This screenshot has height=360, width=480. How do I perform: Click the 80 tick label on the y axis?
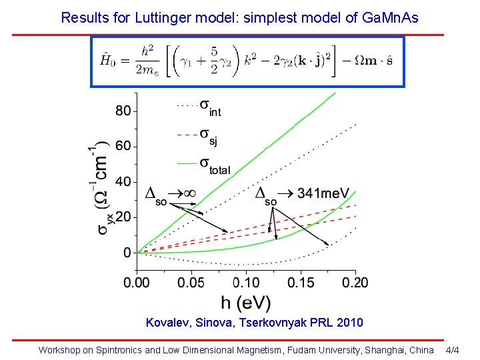click(x=123, y=111)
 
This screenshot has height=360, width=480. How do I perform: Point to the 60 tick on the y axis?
click(x=123, y=146)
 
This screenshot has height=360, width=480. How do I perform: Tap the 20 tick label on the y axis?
click(x=123, y=217)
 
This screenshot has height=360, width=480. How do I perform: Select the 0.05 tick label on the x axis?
click(x=191, y=283)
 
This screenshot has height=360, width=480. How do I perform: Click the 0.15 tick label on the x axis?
click(x=301, y=283)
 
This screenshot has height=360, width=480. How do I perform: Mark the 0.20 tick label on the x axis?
click(x=355, y=283)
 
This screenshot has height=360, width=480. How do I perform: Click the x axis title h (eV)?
click(x=245, y=303)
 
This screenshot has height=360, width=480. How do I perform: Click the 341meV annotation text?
click(x=323, y=193)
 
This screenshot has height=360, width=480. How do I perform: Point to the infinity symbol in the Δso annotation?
click(x=188, y=193)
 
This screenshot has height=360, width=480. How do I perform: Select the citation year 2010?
click(x=350, y=323)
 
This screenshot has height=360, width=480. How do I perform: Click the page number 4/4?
click(x=453, y=349)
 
